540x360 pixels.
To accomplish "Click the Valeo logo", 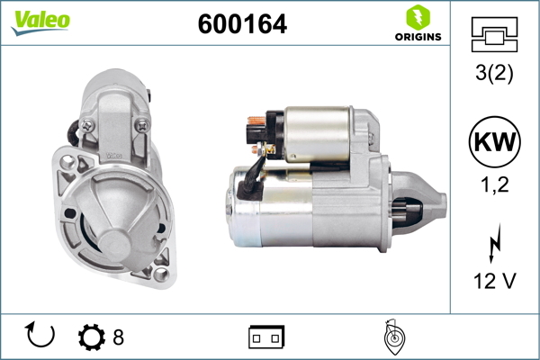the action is coord(40,22).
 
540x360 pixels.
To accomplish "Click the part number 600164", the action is coord(242,23).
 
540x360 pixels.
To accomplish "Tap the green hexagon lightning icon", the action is coord(418,17).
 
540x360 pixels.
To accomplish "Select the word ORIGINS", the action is coord(418,37).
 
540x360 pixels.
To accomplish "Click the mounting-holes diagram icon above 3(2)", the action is coord(494,34).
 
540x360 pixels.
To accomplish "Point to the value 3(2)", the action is coord(494,73).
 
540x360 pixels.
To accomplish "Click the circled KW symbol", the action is coord(494,141).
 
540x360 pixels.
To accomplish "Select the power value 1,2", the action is coord(494,184).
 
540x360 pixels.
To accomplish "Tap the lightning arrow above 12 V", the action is coord(494,243).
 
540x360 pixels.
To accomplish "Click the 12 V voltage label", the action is coord(494,281).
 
